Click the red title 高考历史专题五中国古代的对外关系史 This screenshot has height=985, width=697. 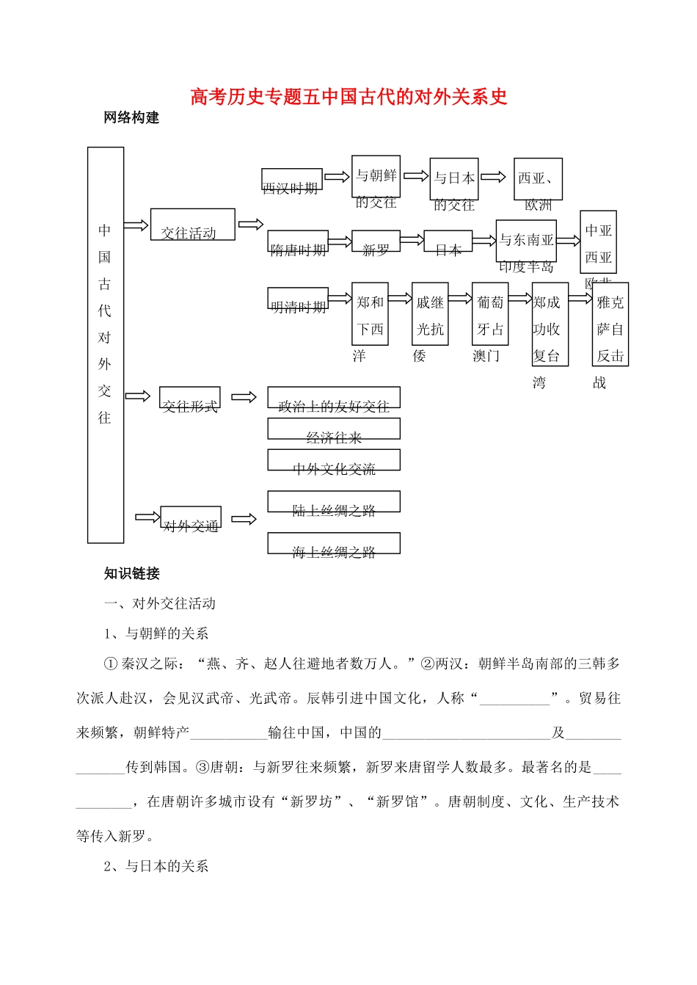point(348,97)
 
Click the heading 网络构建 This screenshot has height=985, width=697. point(131,117)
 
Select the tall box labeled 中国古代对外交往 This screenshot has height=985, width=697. point(106,345)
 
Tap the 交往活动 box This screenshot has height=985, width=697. point(192,225)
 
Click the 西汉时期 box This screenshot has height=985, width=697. point(291,180)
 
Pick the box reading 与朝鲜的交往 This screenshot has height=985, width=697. point(376,178)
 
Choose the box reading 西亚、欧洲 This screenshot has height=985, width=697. point(538,179)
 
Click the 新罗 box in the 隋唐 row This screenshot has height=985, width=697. point(376,242)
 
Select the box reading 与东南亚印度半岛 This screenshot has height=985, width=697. point(526,241)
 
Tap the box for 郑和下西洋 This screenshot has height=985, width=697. point(370,314)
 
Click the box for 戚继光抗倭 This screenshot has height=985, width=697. point(430,314)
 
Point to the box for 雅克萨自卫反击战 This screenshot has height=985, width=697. point(610,324)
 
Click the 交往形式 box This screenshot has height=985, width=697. point(190,399)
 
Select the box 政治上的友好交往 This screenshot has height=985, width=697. point(334,398)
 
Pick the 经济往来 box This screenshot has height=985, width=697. point(334,429)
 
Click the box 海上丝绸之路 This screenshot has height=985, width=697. point(334,544)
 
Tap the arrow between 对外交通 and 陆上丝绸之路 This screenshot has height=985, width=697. point(244,519)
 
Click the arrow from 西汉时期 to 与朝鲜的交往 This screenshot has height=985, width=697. point(337,177)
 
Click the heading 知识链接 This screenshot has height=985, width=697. point(131,573)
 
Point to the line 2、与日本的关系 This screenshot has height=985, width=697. point(156,866)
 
